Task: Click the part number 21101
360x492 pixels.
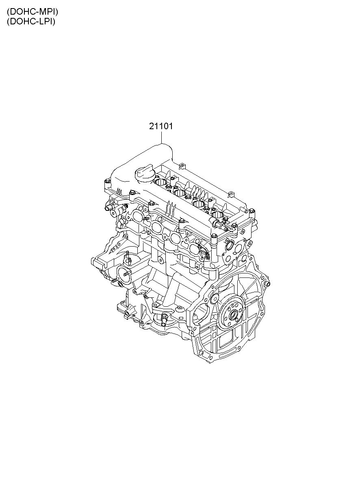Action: tap(161, 126)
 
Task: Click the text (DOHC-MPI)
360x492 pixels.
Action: tap(33, 12)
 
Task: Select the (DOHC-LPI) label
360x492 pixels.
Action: tap(31, 22)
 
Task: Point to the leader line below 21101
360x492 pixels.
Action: tap(161, 137)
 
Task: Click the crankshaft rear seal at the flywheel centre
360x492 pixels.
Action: tap(233, 315)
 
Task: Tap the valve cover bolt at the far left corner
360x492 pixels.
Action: tap(107, 182)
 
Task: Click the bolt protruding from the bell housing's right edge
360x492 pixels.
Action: tap(268, 284)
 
